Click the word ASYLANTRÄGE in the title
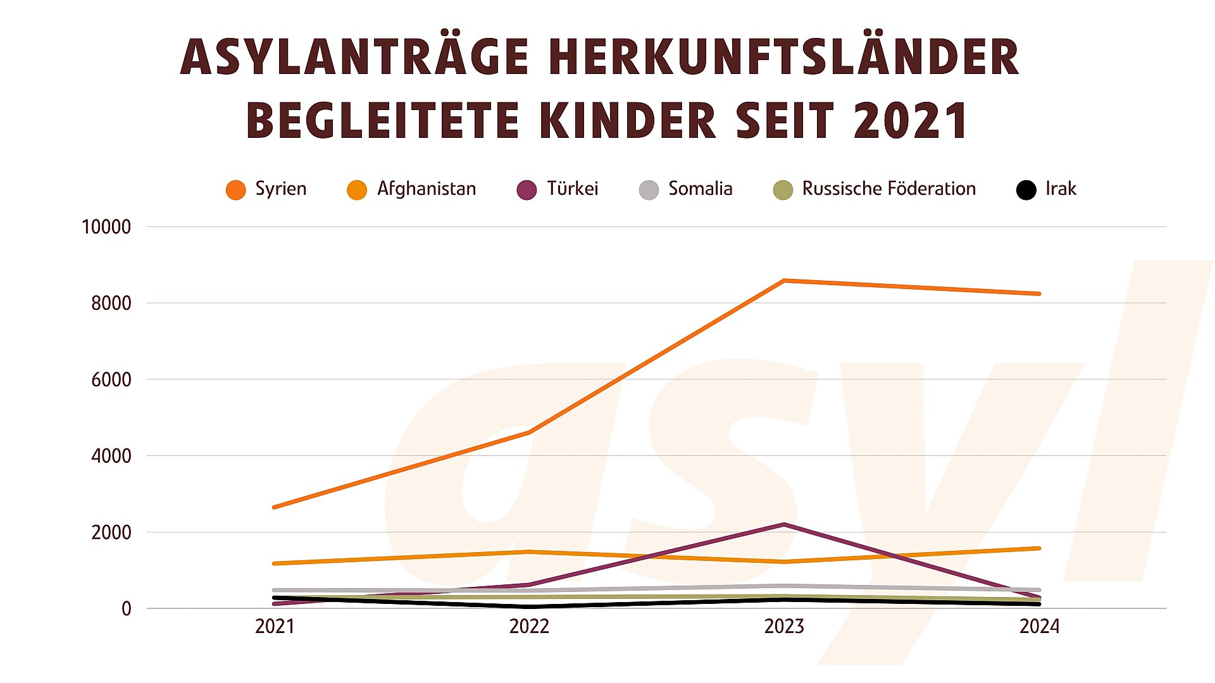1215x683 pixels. point(354,57)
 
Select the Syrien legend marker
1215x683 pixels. point(235,190)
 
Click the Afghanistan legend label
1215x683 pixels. point(427,188)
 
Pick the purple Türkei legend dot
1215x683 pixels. point(526,190)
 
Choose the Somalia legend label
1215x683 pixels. point(700,188)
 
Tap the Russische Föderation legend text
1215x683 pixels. point(888,188)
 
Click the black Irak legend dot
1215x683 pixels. point(1026,190)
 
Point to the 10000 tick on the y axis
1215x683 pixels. point(106,227)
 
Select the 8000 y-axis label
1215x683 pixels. point(111,304)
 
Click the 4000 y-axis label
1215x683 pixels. point(111,456)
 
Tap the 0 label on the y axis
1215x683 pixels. point(127,609)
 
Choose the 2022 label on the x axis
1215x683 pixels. point(529,627)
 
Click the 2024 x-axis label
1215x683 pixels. point(1039,627)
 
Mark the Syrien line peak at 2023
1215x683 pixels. point(784,281)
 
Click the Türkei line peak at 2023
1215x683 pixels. point(784,524)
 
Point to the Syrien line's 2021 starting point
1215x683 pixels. point(275,507)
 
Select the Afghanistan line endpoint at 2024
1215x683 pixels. point(1038,548)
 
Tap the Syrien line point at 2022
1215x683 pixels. point(529,433)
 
